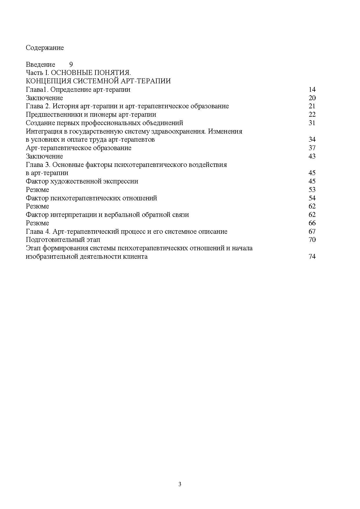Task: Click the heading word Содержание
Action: [45, 48]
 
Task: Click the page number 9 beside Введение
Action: [71, 64]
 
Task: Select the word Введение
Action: [40, 64]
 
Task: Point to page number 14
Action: [312, 89]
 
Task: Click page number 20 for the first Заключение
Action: [312, 98]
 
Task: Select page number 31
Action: [312, 123]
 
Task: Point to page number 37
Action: [312, 148]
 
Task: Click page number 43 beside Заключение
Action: [312, 156]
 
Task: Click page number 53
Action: [312, 190]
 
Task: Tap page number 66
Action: [312, 223]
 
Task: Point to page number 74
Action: [312, 257]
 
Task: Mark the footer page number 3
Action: [180, 484]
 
